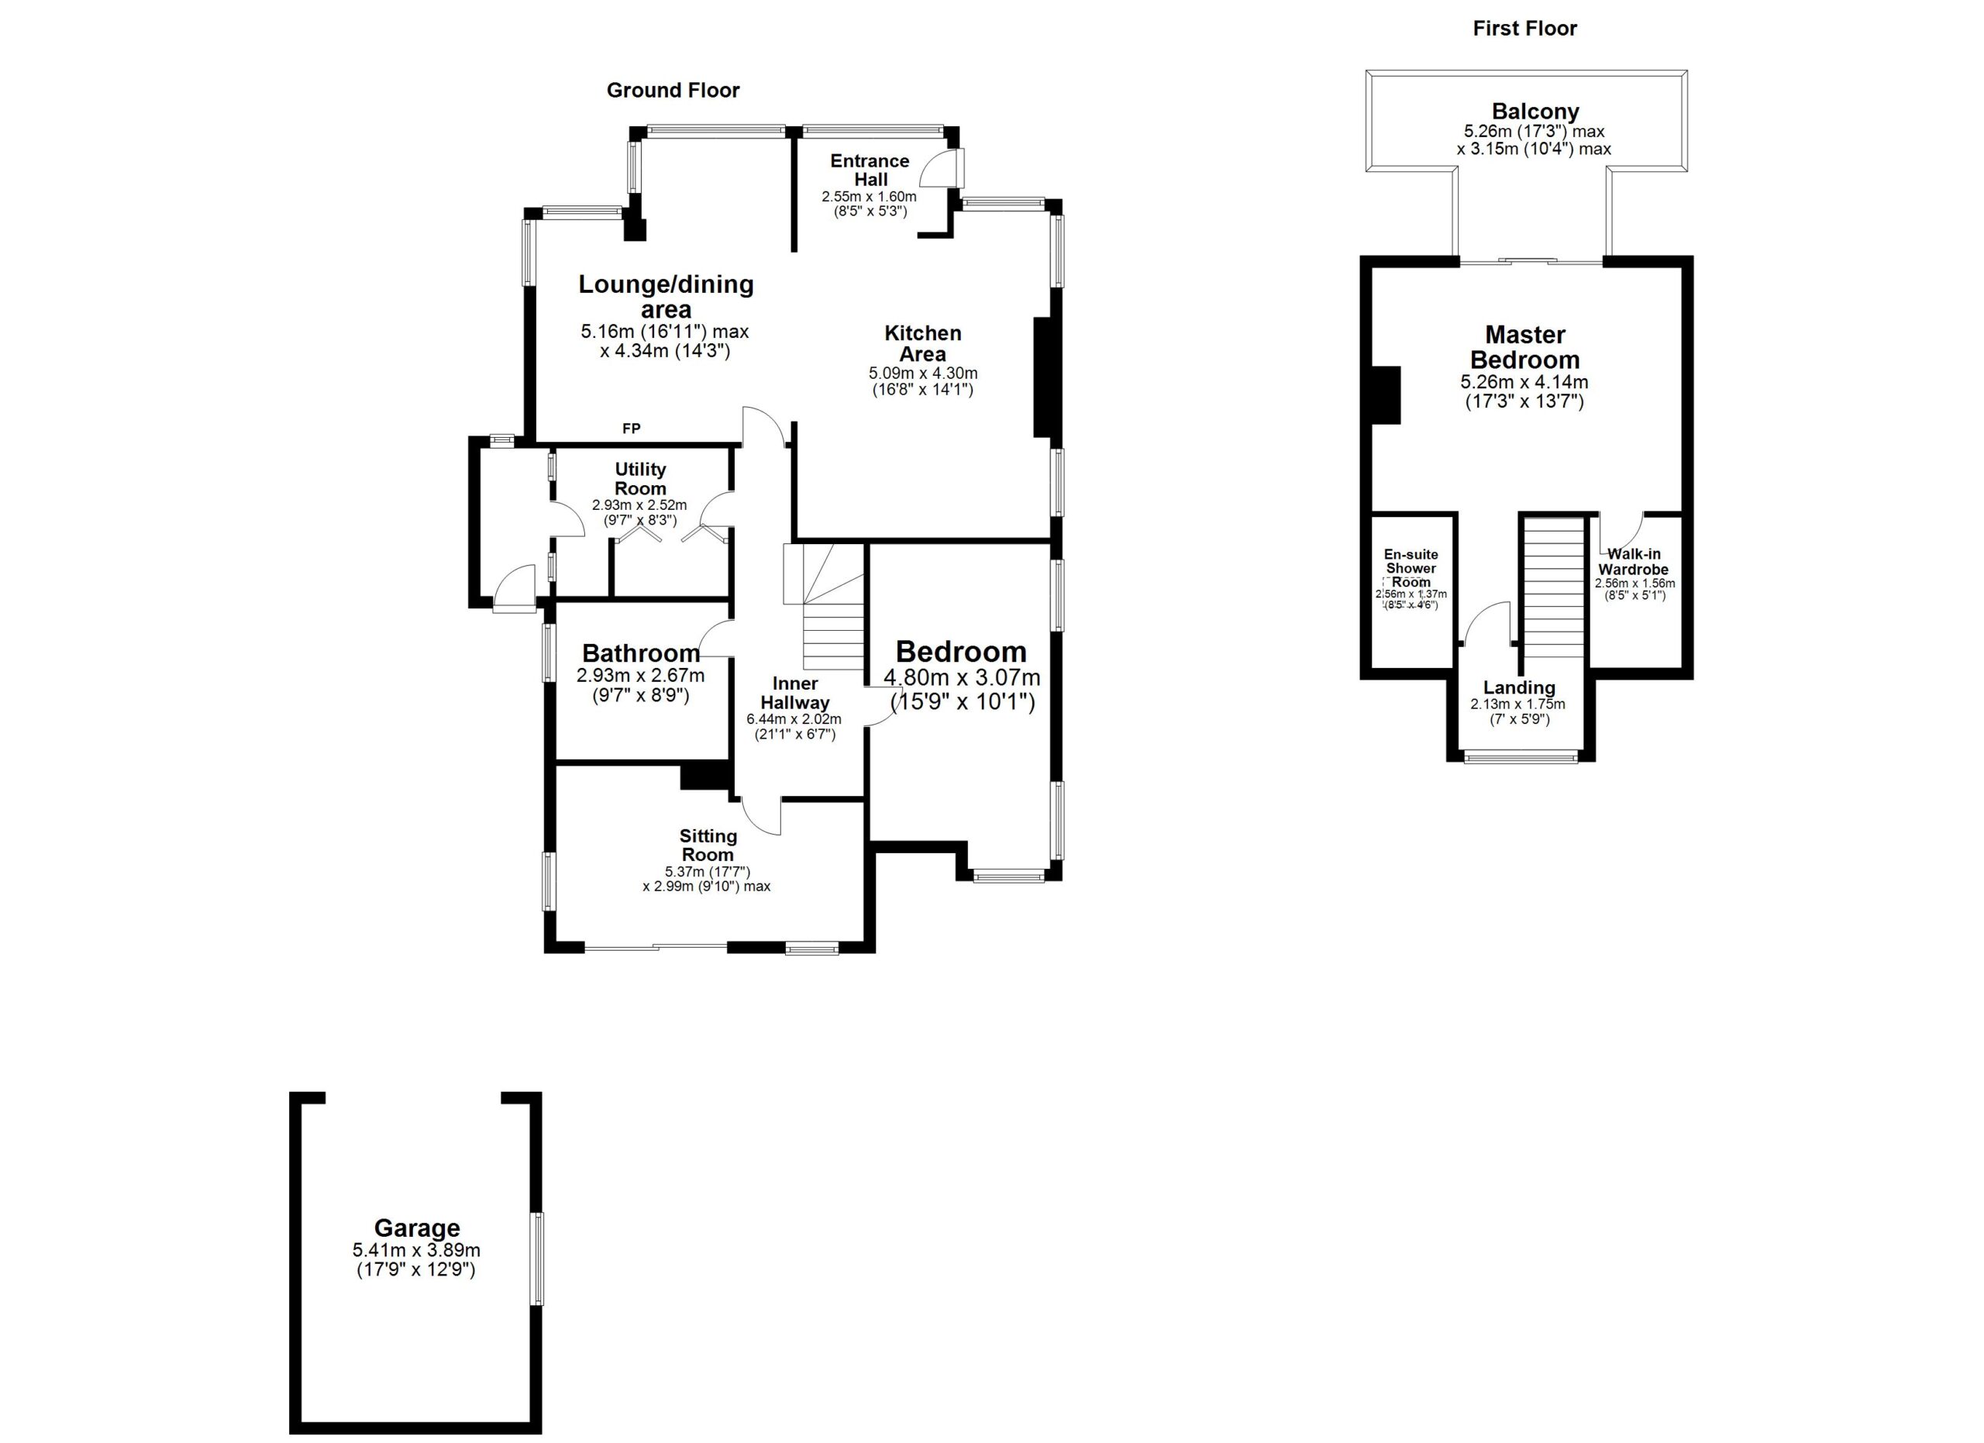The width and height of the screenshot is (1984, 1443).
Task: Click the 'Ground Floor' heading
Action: tap(673, 90)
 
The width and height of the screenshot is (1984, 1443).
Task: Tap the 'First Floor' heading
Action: tap(1524, 28)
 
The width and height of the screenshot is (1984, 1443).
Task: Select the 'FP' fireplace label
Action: tap(631, 429)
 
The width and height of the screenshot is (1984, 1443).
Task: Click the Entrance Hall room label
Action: tap(870, 170)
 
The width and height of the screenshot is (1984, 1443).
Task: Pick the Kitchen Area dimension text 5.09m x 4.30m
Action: tap(923, 374)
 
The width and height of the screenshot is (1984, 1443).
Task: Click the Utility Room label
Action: tap(640, 479)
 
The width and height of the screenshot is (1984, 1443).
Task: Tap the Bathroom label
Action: tap(641, 653)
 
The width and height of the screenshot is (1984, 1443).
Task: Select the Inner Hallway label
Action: tap(794, 693)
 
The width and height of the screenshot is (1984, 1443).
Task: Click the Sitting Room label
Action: tap(708, 845)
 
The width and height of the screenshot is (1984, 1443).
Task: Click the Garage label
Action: tap(416, 1228)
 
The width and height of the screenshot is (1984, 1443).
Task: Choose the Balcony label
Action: tap(1535, 111)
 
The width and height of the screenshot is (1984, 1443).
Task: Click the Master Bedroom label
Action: tap(1524, 347)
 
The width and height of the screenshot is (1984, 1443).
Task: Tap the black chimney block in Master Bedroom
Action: tap(1386, 395)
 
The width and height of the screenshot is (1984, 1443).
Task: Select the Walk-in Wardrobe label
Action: tap(1634, 561)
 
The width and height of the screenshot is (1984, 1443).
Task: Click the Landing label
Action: tap(1519, 687)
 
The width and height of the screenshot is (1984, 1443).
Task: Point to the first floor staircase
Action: tap(1555, 587)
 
